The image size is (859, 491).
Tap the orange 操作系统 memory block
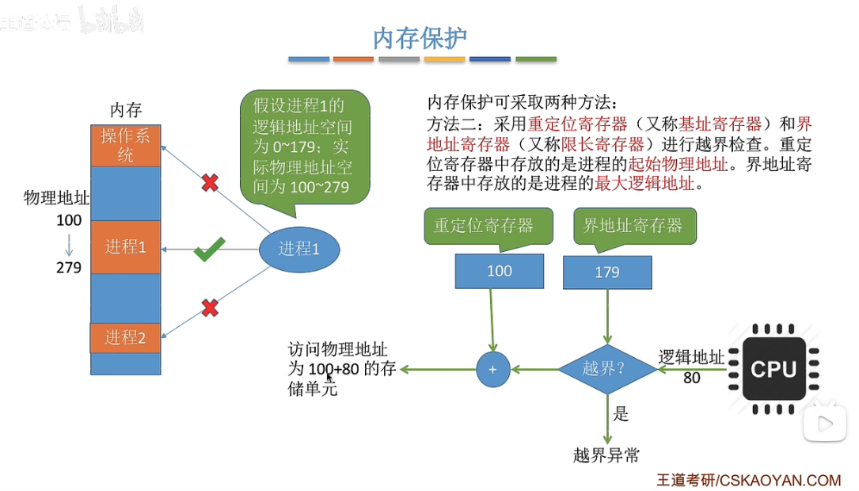125,145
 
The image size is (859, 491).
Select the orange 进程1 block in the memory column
125,247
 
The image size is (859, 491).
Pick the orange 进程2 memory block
125,337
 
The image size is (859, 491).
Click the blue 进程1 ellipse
299,249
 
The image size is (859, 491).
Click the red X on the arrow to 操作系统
210,183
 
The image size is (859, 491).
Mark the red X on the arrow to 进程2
210,307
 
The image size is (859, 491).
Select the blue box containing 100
499,271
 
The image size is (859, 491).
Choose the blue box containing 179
606,272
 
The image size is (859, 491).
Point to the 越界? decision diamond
607,368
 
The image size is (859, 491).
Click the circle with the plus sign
492,369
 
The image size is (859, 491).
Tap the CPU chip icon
773,368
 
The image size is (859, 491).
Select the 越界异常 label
606,455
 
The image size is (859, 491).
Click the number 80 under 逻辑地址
691,378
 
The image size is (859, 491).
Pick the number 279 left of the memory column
69,268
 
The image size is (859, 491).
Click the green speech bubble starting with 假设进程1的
305,147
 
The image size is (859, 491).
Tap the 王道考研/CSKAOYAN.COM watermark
748,480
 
